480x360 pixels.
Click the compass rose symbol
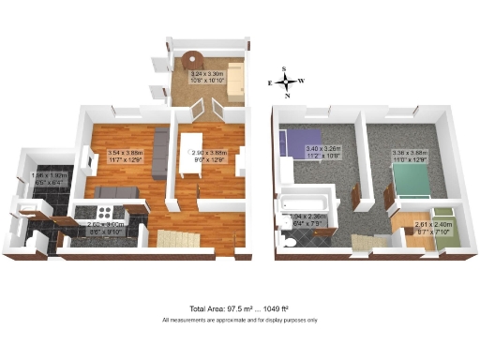click(288, 82)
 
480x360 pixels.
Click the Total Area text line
click(239, 308)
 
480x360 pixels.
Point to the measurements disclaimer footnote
click(239, 320)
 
